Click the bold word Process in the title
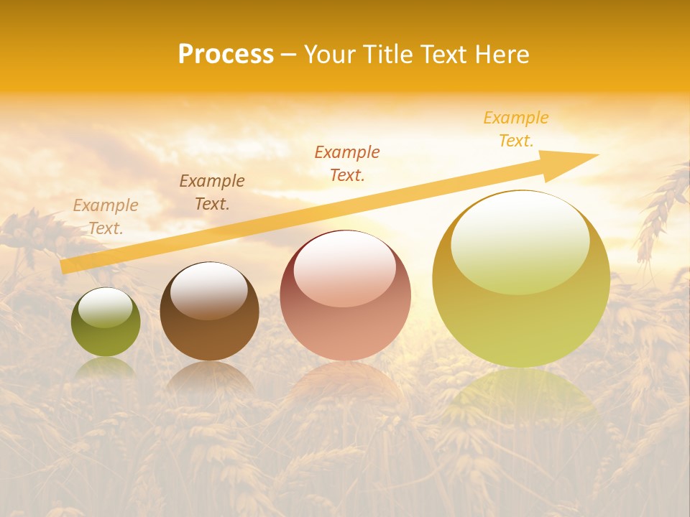coord(226,55)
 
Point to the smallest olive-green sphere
coord(106,323)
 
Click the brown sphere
coord(209,316)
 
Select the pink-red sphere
coord(345,302)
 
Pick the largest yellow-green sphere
coord(521,287)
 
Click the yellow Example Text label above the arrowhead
coord(516,129)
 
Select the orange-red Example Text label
coord(347,163)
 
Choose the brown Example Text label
coord(212,192)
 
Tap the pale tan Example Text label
coord(106,217)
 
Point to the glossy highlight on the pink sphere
coord(344,269)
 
